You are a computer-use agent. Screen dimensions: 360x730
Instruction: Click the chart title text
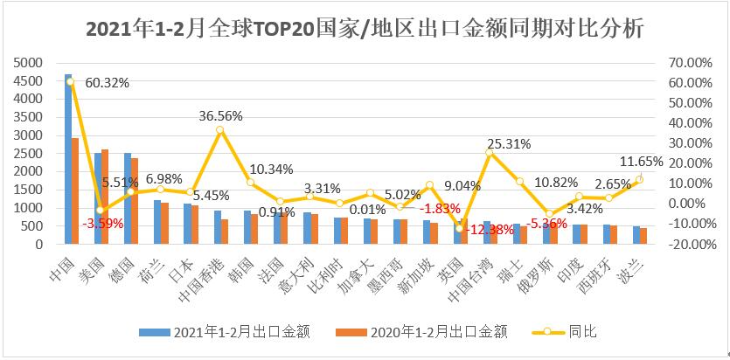coord(365,30)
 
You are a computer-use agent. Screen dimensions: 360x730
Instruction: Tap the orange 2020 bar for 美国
coord(106,197)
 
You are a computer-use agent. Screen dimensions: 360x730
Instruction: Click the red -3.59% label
coord(103,223)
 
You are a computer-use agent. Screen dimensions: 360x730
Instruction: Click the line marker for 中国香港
coord(220,129)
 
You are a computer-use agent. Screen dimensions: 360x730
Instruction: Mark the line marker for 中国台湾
coord(490,153)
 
